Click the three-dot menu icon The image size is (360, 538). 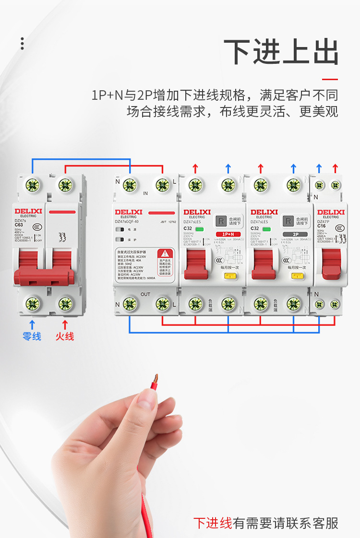pyautogui.click(x=22, y=43)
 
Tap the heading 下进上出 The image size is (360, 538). pyautogui.click(x=281, y=52)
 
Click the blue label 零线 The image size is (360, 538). pyautogui.click(x=32, y=336)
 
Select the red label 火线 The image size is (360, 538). pyautogui.click(x=65, y=336)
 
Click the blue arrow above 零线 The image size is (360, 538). pyautogui.click(x=32, y=324)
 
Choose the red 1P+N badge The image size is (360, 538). pyautogui.click(x=228, y=234)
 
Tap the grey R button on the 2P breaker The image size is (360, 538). pyautogui.click(x=288, y=221)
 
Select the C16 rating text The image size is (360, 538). pyautogui.click(x=322, y=226)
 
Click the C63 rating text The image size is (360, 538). pyautogui.click(x=19, y=225)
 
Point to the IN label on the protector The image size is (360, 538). pyautogui.click(x=145, y=194)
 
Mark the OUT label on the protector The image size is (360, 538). pyautogui.click(x=145, y=294)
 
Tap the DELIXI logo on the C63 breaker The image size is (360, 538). pyautogui.click(x=28, y=211)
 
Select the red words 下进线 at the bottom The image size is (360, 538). pyautogui.click(x=213, y=523)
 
